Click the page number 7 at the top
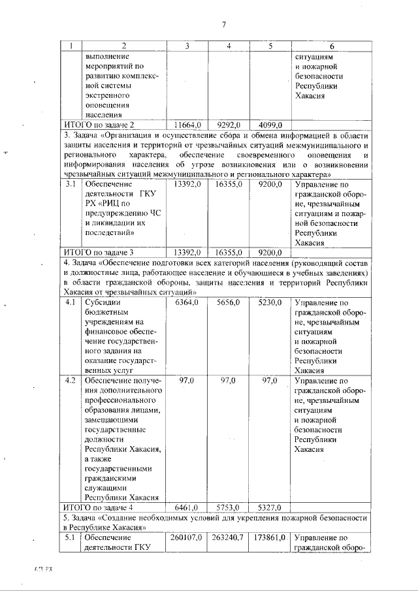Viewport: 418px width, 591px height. tap(223, 25)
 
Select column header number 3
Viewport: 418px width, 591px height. tap(187, 46)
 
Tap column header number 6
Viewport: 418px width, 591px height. tap(331, 46)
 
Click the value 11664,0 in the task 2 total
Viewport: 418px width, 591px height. tap(187, 125)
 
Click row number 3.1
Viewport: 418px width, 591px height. tap(71, 185)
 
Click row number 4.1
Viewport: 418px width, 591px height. tap(71, 303)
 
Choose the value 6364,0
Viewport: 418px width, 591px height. tap(187, 303)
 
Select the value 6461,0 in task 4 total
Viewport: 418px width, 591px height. tap(187, 507)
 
